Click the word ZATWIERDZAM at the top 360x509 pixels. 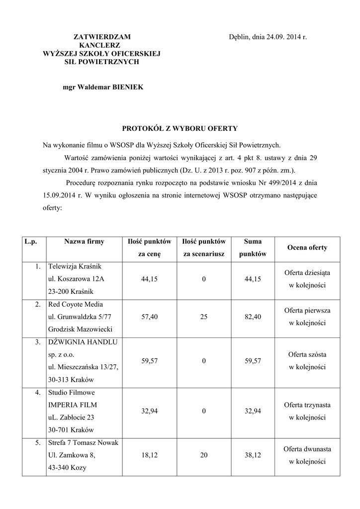102,37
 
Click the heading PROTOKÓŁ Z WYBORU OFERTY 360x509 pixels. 180,128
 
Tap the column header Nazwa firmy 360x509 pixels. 84,242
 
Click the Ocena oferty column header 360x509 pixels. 307,248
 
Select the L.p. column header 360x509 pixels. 33,242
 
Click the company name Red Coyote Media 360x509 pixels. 75,304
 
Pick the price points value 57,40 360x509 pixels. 149,317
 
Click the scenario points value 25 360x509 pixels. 204,317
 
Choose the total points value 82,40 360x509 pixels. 253,317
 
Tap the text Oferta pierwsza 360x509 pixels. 307,310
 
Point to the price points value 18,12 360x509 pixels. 149,455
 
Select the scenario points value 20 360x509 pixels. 204,455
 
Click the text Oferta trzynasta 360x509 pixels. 307,405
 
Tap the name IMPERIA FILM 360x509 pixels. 70,405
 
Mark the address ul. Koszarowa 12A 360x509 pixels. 76,279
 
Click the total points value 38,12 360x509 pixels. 253,455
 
